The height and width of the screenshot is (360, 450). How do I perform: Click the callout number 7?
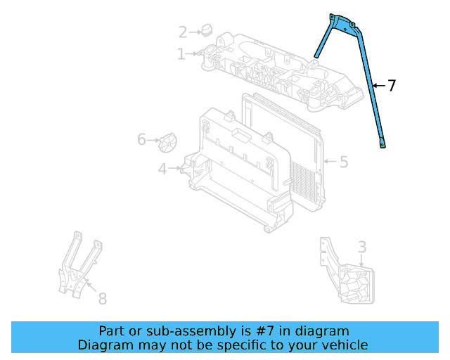(392, 86)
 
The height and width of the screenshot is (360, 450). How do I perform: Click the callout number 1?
(181, 54)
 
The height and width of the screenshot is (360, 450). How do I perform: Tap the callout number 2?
(183, 32)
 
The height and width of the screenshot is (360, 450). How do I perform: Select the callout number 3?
(361, 247)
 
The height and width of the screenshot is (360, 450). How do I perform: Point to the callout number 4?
(162, 169)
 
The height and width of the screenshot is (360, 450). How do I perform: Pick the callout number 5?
(344, 162)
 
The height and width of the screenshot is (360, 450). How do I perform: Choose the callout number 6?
(142, 140)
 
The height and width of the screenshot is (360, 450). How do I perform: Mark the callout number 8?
(102, 299)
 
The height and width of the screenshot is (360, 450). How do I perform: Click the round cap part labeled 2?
(206, 30)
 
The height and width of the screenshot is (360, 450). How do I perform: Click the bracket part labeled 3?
(348, 278)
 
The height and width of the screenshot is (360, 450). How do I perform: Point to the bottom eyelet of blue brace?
(383, 146)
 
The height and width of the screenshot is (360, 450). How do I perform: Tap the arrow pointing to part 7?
(378, 86)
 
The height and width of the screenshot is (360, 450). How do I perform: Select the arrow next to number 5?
(328, 162)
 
